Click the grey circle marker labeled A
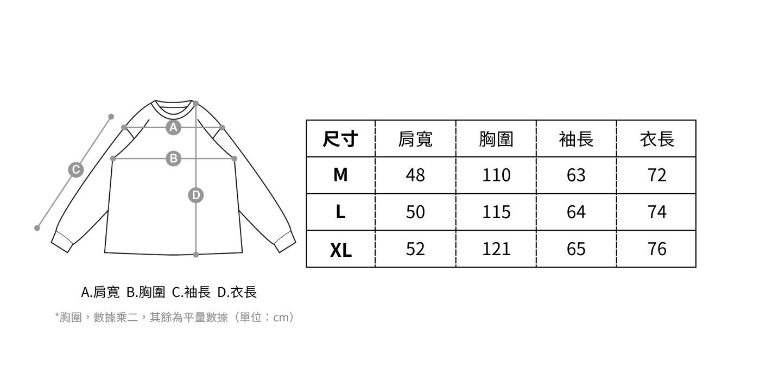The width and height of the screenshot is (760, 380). coord(173,127)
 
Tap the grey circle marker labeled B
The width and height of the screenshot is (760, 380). coord(173,159)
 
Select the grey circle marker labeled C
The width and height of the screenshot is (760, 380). coord(75,170)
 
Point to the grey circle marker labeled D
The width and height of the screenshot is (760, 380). coord(195,195)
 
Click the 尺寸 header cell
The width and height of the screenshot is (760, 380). coord(340,139)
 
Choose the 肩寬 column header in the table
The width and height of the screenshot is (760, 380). coord(415,139)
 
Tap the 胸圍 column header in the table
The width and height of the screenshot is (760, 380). coord(496,139)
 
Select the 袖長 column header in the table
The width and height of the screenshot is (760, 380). coord(576,139)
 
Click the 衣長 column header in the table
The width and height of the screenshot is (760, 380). coord(656,139)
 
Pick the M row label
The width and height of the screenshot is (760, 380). coord(340,175)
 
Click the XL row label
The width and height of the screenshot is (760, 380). coord(340,250)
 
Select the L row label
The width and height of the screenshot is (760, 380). coord(340,212)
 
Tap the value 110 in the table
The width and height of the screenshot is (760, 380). coord(496,175)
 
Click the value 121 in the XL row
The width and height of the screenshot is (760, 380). coord(496,249)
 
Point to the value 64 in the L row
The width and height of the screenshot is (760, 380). coord(576,212)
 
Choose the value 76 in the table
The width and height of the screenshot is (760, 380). coord(656,249)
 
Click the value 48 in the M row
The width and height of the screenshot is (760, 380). coord(415,175)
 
